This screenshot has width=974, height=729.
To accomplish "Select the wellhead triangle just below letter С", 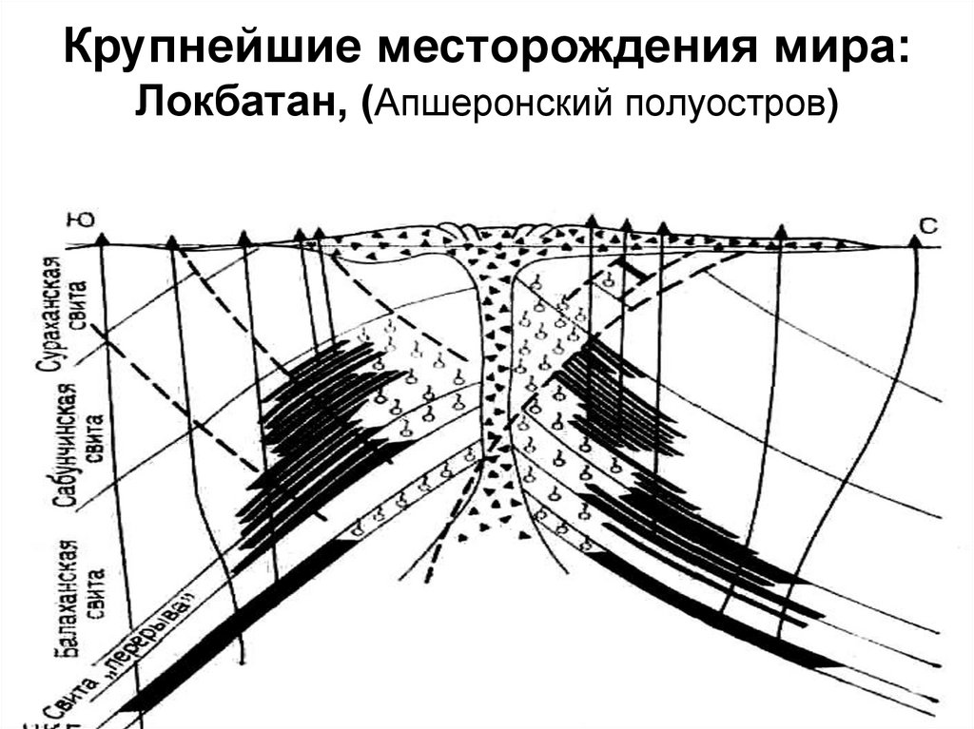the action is pyautogui.click(x=915, y=240).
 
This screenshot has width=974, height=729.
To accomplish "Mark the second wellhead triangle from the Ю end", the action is pyautogui.click(x=172, y=243).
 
